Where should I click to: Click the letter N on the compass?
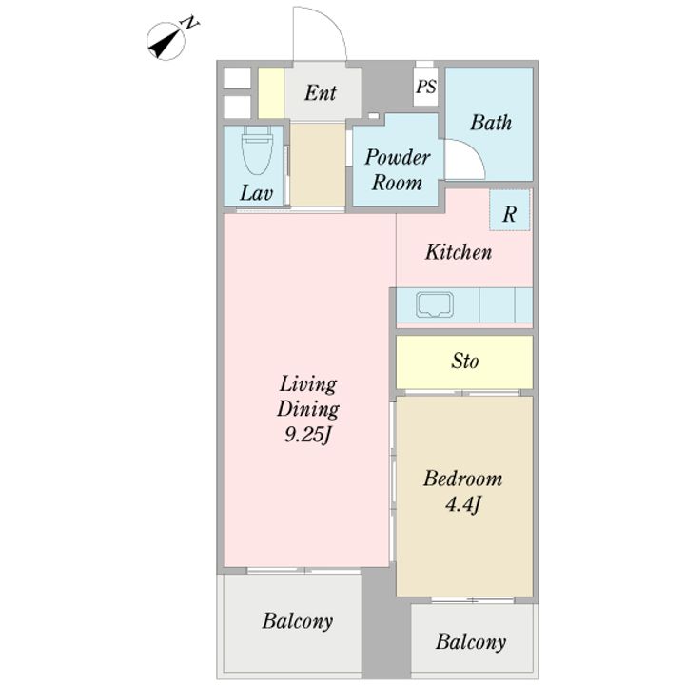tap(190, 23)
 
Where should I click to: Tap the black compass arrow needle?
tap(165, 43)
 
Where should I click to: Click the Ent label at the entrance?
tap(321, 92)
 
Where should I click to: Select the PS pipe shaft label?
tap(426, 86)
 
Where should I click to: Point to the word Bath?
tap(491, 123)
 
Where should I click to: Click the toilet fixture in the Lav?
tap(257, 150)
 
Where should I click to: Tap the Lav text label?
tap(257, 192)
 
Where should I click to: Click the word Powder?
tap(398, 157)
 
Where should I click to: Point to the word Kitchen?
tap(459, 252)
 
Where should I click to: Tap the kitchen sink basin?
tap(434, 305)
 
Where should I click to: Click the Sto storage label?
tap(465, 361)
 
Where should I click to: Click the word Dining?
tap(308, 409)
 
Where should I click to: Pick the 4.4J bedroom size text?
tap(463, 505)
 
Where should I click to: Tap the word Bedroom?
tap(463, 479)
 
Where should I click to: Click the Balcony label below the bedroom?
tap(471, 642)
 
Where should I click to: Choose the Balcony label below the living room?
tap(298, 620)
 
